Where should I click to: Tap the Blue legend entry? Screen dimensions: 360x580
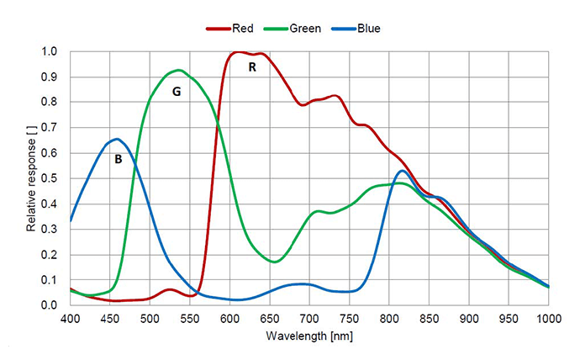point(363,29)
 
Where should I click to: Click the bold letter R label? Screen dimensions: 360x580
point(251,67)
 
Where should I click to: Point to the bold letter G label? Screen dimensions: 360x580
point(177,93)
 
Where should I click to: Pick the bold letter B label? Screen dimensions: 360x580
point(119,158)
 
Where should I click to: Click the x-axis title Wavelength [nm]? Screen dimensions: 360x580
point(309,336)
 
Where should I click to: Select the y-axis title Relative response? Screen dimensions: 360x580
point(31,178)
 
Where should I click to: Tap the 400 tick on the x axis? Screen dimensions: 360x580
point(71,319)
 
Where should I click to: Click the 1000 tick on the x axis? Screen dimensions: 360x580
point(548,319)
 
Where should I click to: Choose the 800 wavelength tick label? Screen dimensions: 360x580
point(389,319)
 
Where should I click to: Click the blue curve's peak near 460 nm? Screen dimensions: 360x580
point(117,139)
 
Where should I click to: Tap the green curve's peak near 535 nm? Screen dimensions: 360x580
point(178,70)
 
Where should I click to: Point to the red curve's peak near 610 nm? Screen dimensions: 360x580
point(237,52)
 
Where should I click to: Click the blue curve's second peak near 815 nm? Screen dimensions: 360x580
point(402,171)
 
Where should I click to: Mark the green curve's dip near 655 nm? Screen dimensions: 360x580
point(274,262)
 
